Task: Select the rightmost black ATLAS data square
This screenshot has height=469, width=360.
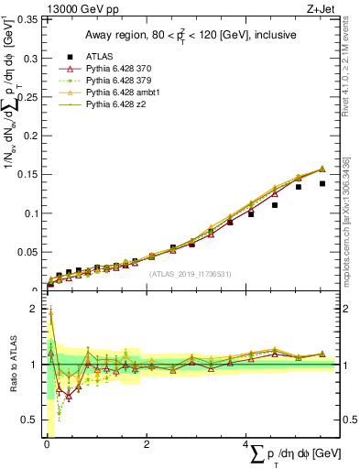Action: point(322,183)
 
